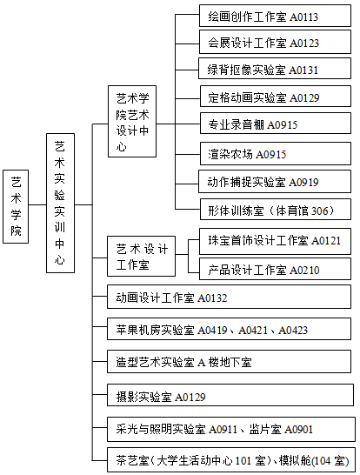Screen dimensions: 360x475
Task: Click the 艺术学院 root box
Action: coord(16,206)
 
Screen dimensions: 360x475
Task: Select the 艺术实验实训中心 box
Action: coord(60,203)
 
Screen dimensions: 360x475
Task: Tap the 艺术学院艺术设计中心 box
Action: coord(132,121)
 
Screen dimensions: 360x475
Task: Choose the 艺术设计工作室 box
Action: coord(141,257)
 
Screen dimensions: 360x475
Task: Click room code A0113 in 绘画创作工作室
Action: coord(304,17)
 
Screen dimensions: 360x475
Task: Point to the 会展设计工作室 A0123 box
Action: coord(275,42)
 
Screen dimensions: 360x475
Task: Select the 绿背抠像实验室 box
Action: coord(275,69)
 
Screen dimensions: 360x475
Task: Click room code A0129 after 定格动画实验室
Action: coord(304,97)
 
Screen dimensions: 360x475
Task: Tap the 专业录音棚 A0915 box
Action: coord(276,124)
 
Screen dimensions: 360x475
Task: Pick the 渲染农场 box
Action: coord(276,154)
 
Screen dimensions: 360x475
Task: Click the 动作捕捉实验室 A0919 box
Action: coord(275,182)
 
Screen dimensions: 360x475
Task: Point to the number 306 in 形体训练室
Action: coord(320,211)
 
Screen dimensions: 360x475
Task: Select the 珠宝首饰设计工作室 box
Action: coord(275,242)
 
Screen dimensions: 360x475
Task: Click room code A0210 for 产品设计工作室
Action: coord(304,270)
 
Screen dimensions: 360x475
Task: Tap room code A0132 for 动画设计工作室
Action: coord(212,298)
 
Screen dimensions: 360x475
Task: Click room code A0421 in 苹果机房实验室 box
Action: coord(253,330)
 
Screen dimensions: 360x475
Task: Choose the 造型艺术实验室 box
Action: coord(230,362)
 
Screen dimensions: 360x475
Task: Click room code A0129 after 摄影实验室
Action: coord(190,397)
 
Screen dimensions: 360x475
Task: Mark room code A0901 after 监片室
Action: coord(298,429)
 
